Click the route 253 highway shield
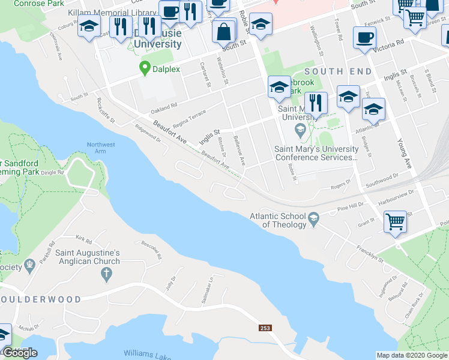coord(265,328)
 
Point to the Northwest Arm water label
coord(100,148)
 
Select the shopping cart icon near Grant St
coord(396,222)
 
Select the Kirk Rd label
coord(83,240)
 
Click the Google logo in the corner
coord(20,353)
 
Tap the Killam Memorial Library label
coord(113,11)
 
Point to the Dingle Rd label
coord(53,173)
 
